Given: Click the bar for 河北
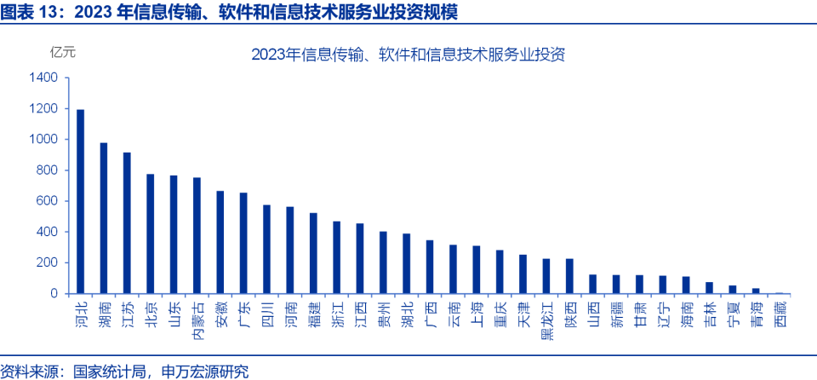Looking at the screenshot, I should [81, 201].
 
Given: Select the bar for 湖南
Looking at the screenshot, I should [104, 218].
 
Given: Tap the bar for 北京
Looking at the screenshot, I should [151, 233].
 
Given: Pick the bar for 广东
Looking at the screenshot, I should [243, 243].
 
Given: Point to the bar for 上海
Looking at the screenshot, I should [477, 269].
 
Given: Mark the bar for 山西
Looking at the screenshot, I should [592, 284].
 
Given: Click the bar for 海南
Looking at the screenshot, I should [686, 285].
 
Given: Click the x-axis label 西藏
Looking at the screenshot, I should [780, 312].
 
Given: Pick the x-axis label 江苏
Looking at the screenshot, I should [128, 312].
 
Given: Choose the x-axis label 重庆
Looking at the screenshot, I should [500, 312].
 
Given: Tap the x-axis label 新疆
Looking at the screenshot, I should [616, 312].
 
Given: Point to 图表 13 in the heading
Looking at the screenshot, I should [24, 12].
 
